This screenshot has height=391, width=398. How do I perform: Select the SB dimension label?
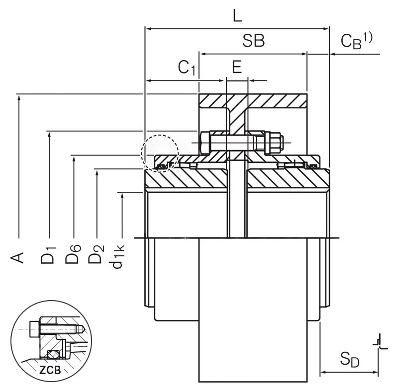(253, 41)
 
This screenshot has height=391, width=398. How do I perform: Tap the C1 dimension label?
(187, 68)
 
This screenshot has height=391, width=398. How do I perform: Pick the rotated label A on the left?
(18, 257)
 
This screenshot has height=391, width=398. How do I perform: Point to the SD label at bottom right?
(349, 358)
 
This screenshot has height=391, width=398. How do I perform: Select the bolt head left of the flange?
(204, 143)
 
